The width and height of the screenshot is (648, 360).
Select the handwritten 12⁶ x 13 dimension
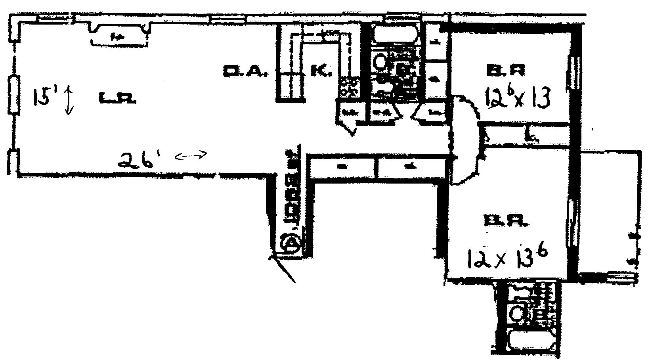(x=517, y=98)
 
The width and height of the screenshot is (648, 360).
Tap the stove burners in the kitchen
(x=349, y=87)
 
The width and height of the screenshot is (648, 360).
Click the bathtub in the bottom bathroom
(x=527, y=340)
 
